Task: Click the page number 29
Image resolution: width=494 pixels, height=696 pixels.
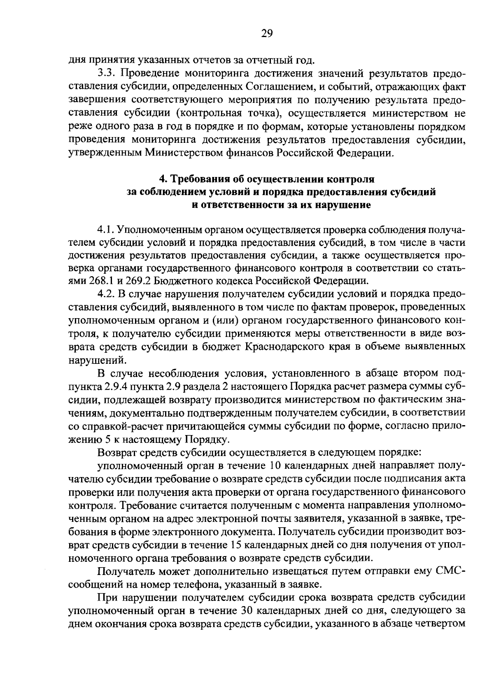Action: click(x=267, y=34)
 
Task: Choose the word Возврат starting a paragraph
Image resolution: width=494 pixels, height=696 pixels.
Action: click(x=117, y=452)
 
